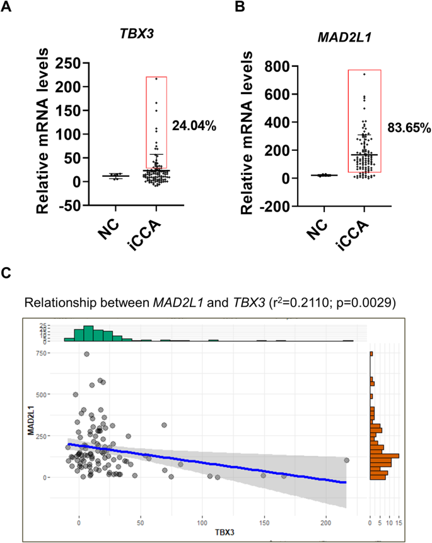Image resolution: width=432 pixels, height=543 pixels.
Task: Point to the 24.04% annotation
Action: click(194, 127)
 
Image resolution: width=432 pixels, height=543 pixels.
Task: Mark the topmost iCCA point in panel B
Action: click(364, 75)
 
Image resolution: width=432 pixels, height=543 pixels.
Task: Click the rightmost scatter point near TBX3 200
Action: click(346, 460)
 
